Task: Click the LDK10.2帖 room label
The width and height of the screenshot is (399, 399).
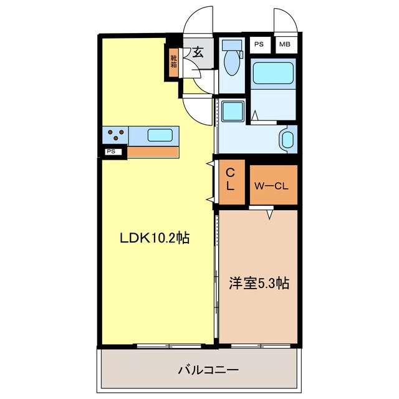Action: (x=155, y=238)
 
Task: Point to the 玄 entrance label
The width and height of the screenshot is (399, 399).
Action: (x=198, y=52)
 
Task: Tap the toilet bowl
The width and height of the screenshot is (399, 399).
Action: (x=232, y=64)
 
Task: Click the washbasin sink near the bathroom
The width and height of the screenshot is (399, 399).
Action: (x=287, y=139)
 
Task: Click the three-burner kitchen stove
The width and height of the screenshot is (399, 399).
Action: (x=116, y=134)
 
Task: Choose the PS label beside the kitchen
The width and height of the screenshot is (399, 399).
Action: (x=110, y=151)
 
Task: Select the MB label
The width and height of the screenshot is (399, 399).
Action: (x=284, y=44)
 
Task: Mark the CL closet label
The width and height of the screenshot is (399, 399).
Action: (x=230, y=179)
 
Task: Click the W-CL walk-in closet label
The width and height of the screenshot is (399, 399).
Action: (x=274, y=185)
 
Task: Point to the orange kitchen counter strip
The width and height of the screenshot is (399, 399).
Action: (x=153, y=151)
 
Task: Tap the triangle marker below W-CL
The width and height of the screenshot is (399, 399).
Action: (x=270, y=214)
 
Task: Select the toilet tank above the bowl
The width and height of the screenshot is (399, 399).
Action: (x=232, y=46)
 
